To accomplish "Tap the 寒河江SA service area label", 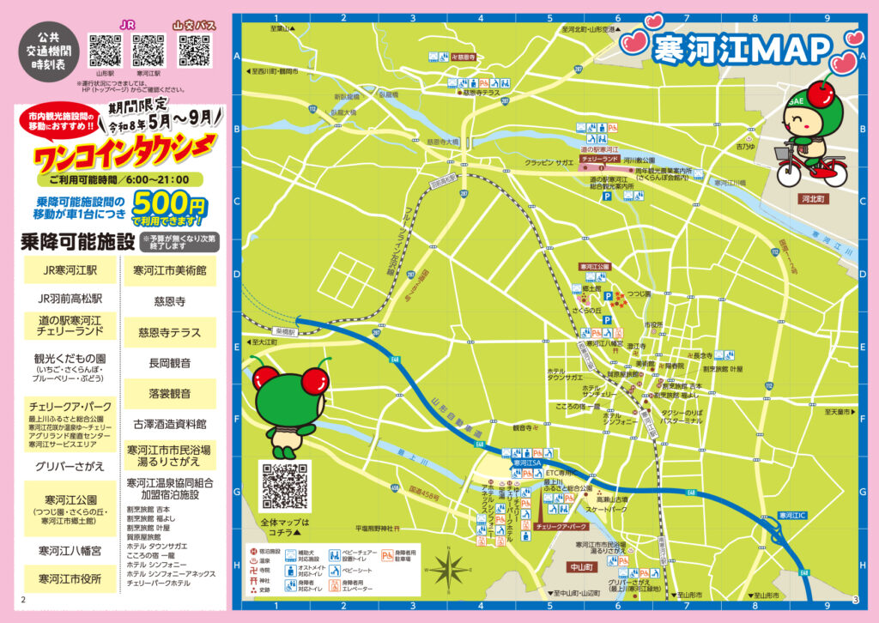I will (525, 463).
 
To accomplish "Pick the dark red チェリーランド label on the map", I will (599, 160).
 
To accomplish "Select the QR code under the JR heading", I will (149, 51).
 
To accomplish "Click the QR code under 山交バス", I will (194, 51).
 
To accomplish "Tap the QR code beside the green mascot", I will (284, 486).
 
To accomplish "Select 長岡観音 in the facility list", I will (170, 362).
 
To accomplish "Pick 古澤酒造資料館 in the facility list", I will (170, 424).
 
